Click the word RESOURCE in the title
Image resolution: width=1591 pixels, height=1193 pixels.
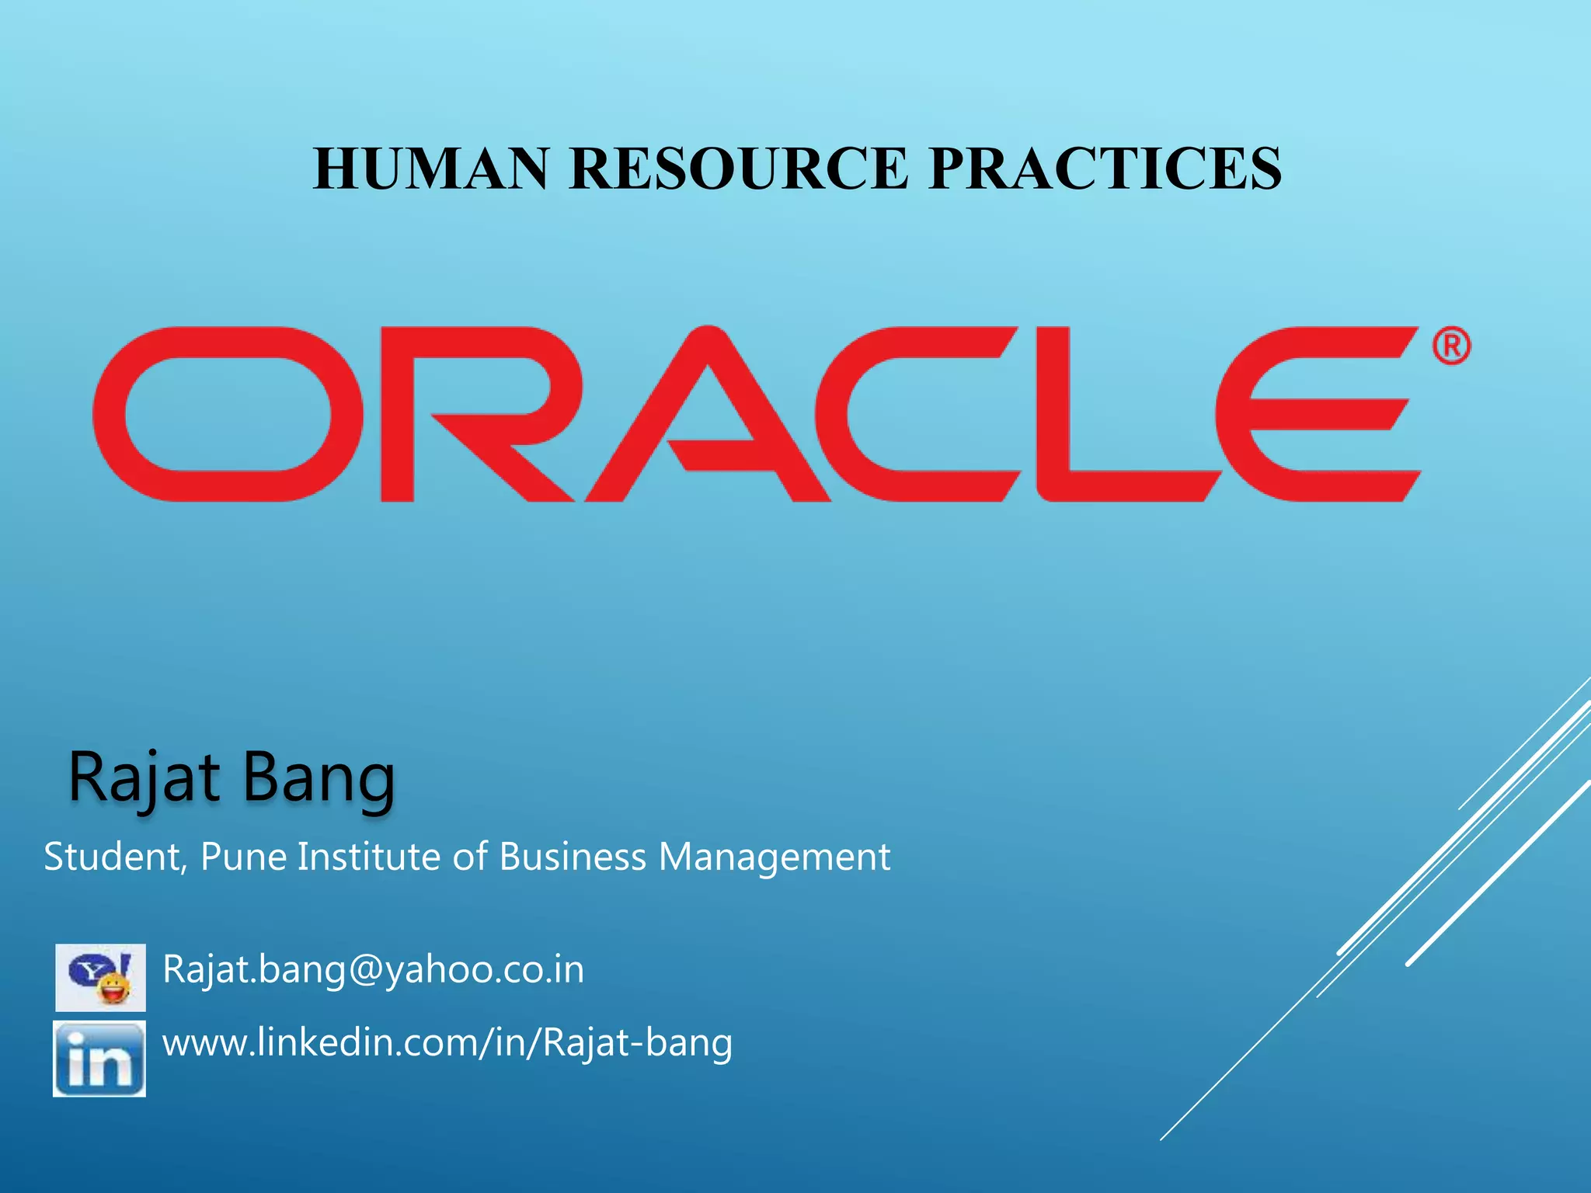[738, 169]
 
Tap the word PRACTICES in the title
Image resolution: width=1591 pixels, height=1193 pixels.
[1105, 169]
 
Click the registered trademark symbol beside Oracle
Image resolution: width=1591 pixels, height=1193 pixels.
[1450, 346]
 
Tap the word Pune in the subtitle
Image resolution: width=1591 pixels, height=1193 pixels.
[243, 857]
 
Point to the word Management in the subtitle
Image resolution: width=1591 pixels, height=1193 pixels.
[774, 857]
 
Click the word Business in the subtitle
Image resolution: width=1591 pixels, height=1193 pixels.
[572, 857]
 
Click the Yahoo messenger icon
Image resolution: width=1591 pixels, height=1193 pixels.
[100, 977]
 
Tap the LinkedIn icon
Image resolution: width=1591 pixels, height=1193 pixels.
[99, 1059]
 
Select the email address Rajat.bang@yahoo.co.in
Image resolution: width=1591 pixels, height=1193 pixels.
[373, 969]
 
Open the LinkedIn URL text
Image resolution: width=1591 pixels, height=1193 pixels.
[447, 1043]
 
